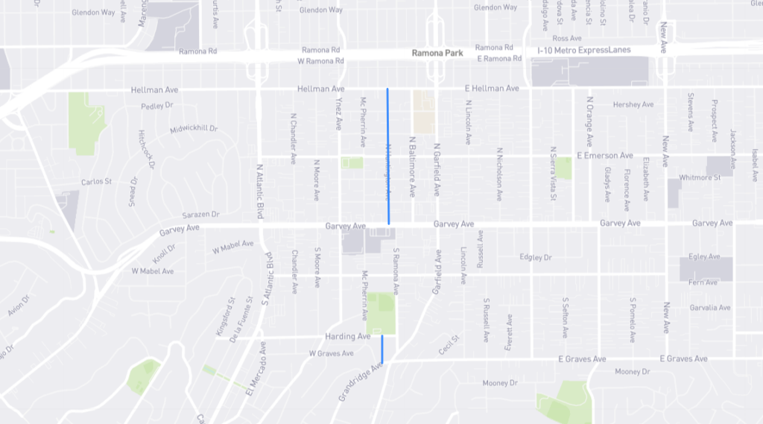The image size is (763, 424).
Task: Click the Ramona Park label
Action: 437,54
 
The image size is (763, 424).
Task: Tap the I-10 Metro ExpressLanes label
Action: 584,50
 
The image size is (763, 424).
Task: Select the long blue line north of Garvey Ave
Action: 387,156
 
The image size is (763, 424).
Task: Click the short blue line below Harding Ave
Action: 382,349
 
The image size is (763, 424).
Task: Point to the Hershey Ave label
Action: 632,104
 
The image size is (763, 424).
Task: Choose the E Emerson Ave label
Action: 604,156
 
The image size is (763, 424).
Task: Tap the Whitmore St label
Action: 700,177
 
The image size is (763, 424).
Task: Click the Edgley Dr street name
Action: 535,258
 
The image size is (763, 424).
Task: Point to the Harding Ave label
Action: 347,337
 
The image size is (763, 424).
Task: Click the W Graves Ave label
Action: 331,353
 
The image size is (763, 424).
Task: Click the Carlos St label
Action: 96,182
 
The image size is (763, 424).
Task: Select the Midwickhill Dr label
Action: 193,128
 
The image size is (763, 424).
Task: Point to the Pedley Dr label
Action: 156,106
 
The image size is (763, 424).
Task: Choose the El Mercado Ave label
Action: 252,372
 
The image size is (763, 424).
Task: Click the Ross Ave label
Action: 566,38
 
